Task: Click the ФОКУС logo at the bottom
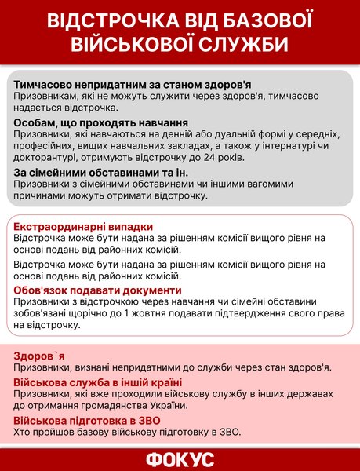coord(180,459)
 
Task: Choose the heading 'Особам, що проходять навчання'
coord(101,124)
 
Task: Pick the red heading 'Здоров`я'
coord(40,355)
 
